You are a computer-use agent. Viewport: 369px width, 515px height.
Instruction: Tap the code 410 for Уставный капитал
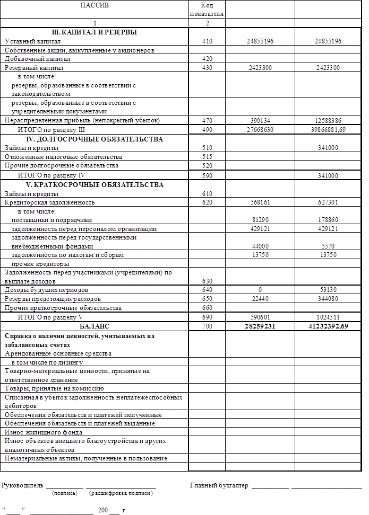tap(207, 41)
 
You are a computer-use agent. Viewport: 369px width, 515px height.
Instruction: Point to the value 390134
tap(260, 120)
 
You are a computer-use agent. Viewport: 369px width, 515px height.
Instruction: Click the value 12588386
tap(328, 120)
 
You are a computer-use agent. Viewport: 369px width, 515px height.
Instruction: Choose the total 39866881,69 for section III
tap(328, 129)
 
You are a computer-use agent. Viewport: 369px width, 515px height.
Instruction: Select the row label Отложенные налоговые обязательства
tap(64, 157)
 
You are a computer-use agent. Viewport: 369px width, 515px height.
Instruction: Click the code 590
tap(207, 175)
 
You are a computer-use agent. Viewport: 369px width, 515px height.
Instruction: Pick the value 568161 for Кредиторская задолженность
tap(260, 202)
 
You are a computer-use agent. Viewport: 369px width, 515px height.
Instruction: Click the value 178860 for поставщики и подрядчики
tap(328, 220)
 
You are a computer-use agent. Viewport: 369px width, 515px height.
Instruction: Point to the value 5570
tap(328, 246)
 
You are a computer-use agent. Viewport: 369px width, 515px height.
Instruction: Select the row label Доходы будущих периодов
tap(47, 290)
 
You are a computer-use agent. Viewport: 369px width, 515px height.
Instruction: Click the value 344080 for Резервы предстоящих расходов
tap(328, 299)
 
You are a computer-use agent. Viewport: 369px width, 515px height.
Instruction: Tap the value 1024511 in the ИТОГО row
tap(328, 317)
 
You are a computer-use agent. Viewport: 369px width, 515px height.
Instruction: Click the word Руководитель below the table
tap(22, 485)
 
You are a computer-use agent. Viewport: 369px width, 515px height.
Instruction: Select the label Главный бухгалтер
tap(219, 485)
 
